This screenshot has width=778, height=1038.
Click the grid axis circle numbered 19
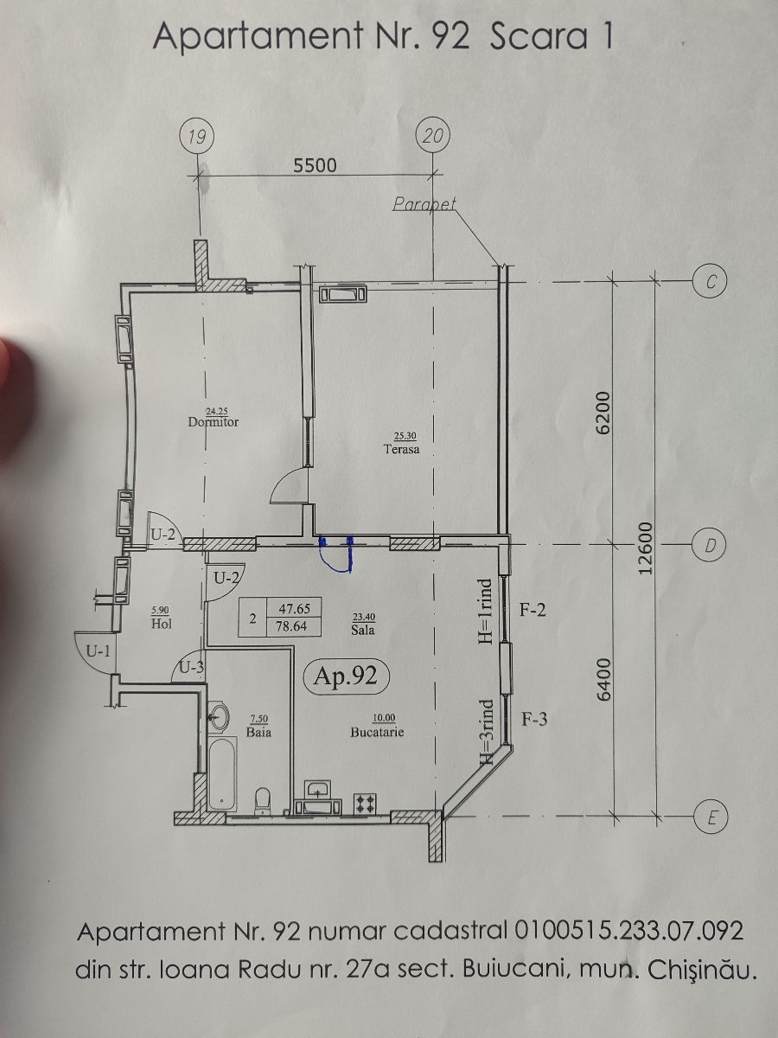tap(197, 137)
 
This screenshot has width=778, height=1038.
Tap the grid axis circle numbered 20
tap(433, 136)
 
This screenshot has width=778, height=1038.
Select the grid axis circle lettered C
tap(710, 281)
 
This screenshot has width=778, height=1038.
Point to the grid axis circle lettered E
tap(711, 817)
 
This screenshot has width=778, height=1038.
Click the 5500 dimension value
tap(315, 165)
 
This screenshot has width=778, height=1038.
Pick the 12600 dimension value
tap(644, 548)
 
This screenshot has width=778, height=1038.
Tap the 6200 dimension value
tap(603, 413)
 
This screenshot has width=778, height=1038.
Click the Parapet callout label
tap(424, 203)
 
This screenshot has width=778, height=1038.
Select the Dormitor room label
tap(214, 422)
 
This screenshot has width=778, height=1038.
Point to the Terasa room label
tap(401, 449)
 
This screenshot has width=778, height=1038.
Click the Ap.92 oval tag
tap(346, 676)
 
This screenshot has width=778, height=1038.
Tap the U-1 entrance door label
tap(99, 651)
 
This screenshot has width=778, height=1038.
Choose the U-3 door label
tap(191, 667)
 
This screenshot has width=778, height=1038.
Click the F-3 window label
tap(534, 720)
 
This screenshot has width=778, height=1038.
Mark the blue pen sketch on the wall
tap(336, 554)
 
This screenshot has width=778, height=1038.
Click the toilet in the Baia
tap(262, 801)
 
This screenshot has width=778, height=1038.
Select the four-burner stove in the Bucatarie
tap(365, 803)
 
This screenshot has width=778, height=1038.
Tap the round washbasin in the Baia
tap(220, 717)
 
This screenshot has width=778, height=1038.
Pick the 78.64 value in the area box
tap(292, 626)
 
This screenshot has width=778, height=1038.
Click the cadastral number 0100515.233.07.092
tap(628, 931)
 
